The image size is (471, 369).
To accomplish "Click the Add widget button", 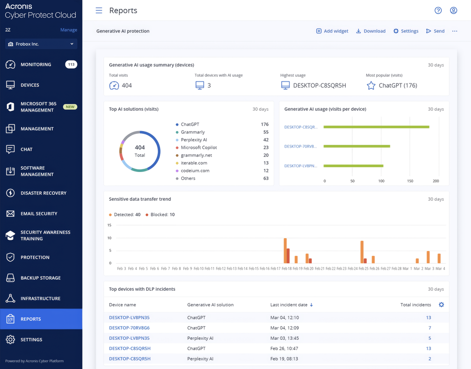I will point(332,31).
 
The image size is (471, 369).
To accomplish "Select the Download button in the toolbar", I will point(370,31).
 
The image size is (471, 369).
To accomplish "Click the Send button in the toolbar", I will point(435,31).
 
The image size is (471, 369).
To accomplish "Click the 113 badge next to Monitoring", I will point(71,65).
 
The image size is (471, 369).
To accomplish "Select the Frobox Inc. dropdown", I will point(41,44).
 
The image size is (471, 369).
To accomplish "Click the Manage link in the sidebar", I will point(68,30).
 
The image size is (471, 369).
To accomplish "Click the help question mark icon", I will point(438,10).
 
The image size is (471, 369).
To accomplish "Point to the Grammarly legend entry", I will point(193,132).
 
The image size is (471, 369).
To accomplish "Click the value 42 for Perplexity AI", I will point(266,140).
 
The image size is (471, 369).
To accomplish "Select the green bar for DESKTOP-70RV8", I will point(357,146).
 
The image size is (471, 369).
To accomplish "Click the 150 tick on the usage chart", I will point(410,181).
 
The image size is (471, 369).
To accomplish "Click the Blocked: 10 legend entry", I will point(160,215).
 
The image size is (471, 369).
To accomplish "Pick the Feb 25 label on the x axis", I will point(363,269).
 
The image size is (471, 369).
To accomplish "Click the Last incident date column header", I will point(289,305).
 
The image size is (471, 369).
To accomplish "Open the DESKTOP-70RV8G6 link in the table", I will point(129,328).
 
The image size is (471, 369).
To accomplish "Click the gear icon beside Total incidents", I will point(441,305).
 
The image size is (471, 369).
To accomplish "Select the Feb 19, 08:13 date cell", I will point(284,359).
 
